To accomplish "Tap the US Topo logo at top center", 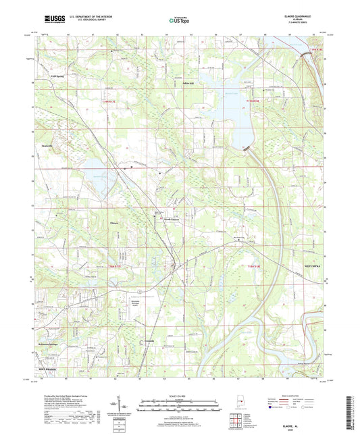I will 178,21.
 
